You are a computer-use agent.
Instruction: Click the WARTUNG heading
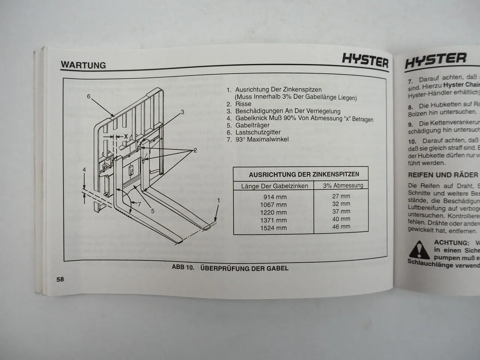(83, 65)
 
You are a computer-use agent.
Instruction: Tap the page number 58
(60, 279)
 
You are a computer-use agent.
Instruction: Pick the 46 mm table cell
(341, 226)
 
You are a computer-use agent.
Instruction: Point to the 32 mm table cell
(341, 204)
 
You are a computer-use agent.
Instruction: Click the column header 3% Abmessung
(343, 185)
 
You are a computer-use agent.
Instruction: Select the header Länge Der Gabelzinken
(275, 186)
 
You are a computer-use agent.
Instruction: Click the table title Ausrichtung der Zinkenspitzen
(304, 174)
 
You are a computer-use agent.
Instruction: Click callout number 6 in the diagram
(89, 96)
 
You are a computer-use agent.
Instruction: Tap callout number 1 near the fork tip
(218, 201)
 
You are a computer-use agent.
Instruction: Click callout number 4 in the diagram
(84, 170)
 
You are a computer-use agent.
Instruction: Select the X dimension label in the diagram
(126, 136)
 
